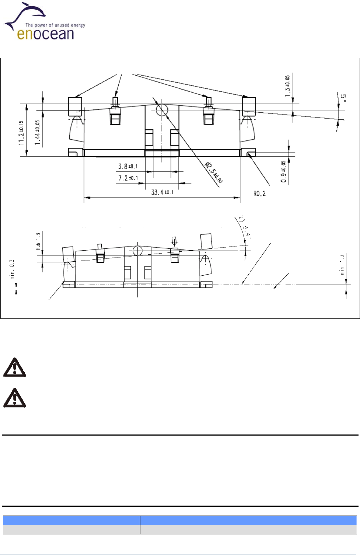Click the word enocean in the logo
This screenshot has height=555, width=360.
[45, 34]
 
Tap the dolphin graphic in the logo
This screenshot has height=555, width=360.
[26, 15]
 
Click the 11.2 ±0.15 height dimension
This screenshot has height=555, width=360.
[21, 132]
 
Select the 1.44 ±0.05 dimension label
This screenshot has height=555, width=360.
[37, 132]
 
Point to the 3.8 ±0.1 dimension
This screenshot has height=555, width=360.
[127, 166]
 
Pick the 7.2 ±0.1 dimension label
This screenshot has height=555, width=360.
[128, 178]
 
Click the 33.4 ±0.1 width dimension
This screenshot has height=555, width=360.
[162, 192]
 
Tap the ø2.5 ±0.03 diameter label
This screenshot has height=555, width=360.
[214, 172]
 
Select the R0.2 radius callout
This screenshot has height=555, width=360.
[259, 193]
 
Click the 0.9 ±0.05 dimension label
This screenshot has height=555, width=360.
[283, 171]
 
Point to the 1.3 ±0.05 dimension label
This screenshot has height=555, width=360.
[287, 86]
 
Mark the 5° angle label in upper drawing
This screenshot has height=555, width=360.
[343, 98]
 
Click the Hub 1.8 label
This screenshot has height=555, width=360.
[38, 241]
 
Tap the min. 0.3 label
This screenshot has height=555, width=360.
[12, 269]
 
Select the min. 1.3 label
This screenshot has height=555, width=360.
[342, 265]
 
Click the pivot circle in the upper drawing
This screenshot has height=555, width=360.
[162, 109]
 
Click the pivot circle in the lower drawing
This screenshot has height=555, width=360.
[137, 251]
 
